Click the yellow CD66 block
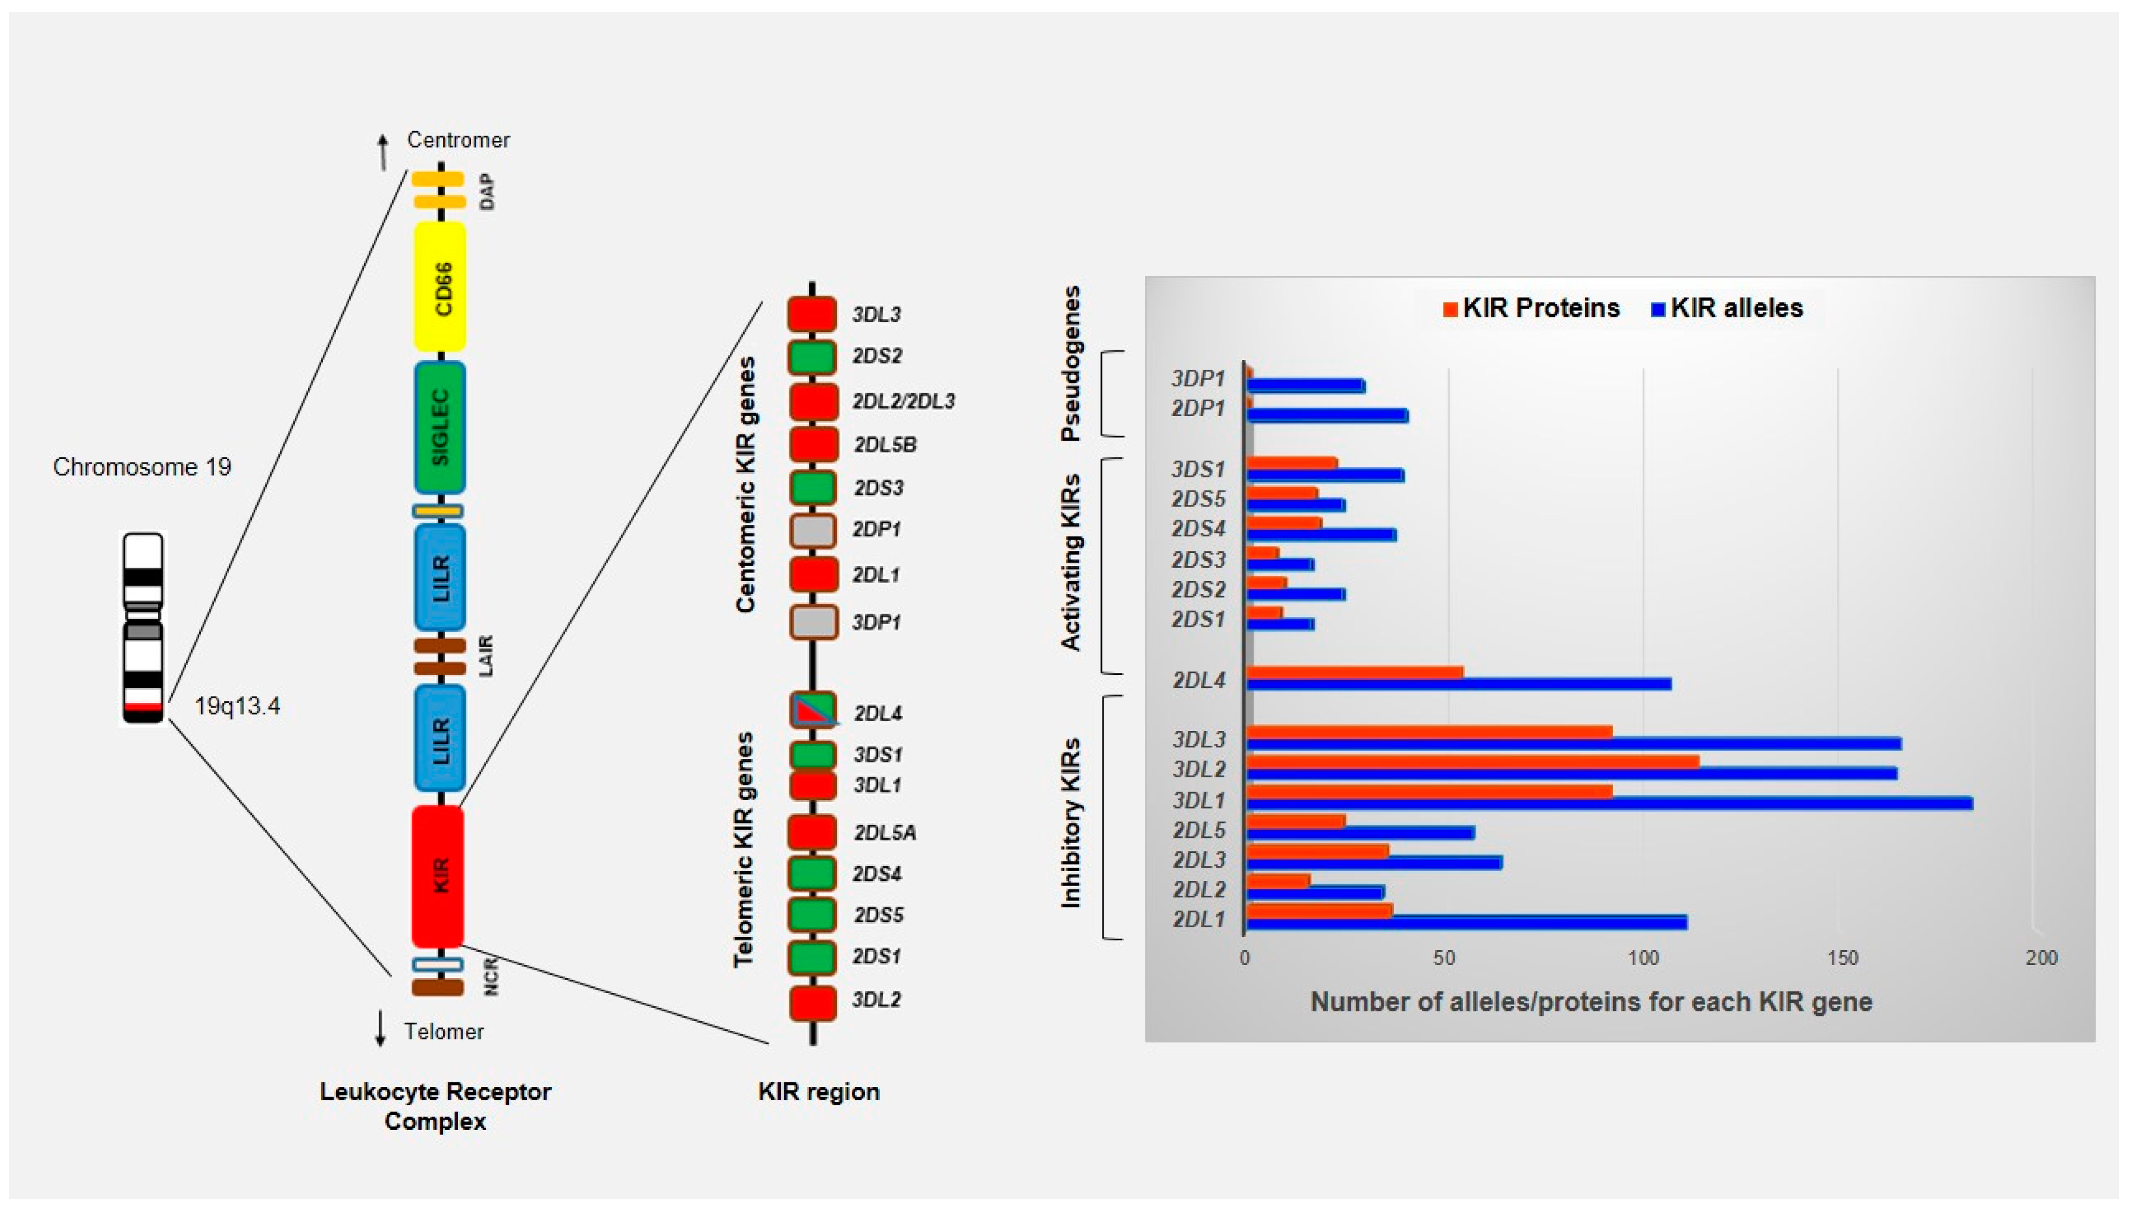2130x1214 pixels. pyautogui.click(x=440, y=286)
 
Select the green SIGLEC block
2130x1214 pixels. pyautogui.click(x=440, y=427)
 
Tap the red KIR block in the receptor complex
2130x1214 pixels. pyautogui.click(x=438, y=876)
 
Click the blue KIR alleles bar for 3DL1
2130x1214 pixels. pyautogui.click(x=1609, y=803)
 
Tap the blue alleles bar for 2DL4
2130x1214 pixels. pyautogui.click(x=1459, y=684)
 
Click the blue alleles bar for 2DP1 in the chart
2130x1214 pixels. pyautogui.click(x=1327, y=415)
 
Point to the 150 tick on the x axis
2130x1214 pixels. pyautogui.click(x=1843, y=958)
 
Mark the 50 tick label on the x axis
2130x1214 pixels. pyautogui.click(x=1445, y=958)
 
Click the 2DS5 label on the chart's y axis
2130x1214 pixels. pyautogui.click(x=1198, y=500)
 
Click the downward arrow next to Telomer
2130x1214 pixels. pyautogui.click(x=380, y=1029)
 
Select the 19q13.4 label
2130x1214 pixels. pyautogui.click(x=237, y=706)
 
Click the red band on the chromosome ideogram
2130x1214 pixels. pyautogui.click(x=143, y=707)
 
